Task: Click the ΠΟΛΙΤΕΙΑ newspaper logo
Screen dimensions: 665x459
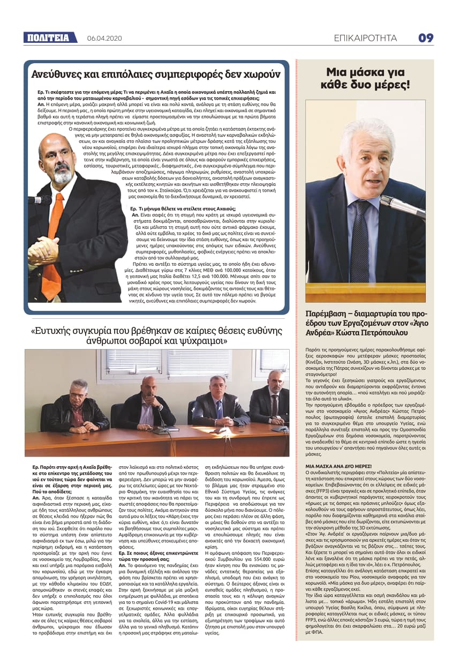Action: click(x=47, y=38)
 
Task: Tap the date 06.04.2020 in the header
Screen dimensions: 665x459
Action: click(x=104, y=38)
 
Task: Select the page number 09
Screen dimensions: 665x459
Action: click(x=426, y=38)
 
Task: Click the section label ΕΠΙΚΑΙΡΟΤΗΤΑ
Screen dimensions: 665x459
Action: click(x=365, y=38)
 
